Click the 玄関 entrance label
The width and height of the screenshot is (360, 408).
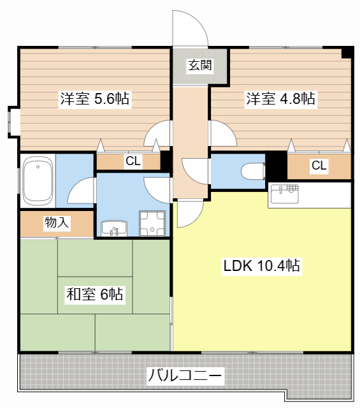tap(200, 65)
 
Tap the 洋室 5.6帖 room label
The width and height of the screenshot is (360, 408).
tap(95, 99)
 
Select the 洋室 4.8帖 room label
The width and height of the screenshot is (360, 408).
tap(280, 99)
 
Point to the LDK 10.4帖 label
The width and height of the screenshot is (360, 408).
tap(261, 266)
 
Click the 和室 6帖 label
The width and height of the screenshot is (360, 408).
tap(95, 294)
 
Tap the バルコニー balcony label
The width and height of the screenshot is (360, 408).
tap(185, 375)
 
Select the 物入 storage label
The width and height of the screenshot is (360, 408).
tap(57, 222)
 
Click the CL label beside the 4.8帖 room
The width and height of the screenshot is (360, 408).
tap(319, 165)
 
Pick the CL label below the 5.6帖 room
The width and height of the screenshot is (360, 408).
tap(133, 161)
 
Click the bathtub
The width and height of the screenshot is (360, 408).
tap(38, 181)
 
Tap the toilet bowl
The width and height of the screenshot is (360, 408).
tap(253, 171)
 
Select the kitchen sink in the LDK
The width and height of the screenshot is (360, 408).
tap(284, 194)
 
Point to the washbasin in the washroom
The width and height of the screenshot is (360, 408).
tap(114, 228)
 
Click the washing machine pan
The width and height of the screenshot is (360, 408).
tap(152, 224)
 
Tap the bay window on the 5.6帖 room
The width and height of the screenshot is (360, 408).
tap(13, 122)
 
